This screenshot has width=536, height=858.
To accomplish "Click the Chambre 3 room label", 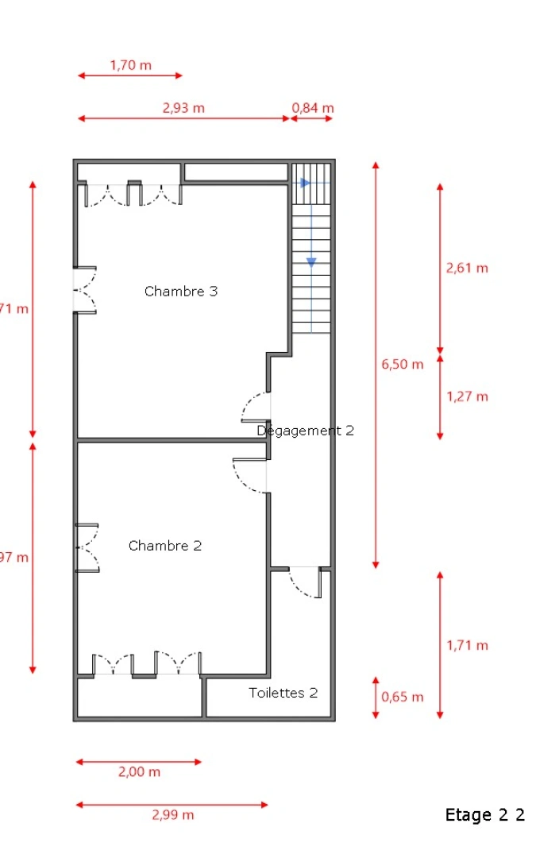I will pyautogui.click(x=181, y=292).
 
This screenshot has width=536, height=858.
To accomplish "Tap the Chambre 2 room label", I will pyautogui.click(x=165, y=546).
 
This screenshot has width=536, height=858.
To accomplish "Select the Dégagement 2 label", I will pyautogui.click(x=306, y=431).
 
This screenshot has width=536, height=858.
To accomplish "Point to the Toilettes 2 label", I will pyautogui.click(x=283, y=693).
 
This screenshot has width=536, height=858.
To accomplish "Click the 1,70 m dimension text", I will pyautogui.click(x=130, y=65).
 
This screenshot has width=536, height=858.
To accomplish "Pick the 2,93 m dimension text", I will pyautogui.click(x=183, y=108).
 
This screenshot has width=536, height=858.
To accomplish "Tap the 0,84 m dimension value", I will pyautogui.click(x=313, y=108).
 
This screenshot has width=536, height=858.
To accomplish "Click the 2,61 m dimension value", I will pyautogui.click(x=467, y=268).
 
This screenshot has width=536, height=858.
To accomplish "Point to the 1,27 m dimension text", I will pyautogui.click(x=467, y=396).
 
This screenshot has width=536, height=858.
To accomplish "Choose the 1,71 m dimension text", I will pyautogui.click(x=467, y=645).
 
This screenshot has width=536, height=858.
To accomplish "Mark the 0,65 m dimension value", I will pyautogui.click(x=403, y=698).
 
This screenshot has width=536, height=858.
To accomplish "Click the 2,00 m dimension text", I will pyautogui.click(x=139, y=772).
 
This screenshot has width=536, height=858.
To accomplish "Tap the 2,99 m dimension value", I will pyautogui.click(x=172, y=815).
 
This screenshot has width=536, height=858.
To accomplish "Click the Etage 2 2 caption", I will pyautogui.click(x=484, y=815).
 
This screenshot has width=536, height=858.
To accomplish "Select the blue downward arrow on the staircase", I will pyautogui.click(x=312, y=261).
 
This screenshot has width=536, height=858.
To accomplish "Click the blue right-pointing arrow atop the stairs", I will pyautogui.click(x=305, y=183).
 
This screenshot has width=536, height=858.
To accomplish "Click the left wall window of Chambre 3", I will pyautogui.click(x=85, y=290).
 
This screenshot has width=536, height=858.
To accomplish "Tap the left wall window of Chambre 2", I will pyautogui.click(x=86, y=547).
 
